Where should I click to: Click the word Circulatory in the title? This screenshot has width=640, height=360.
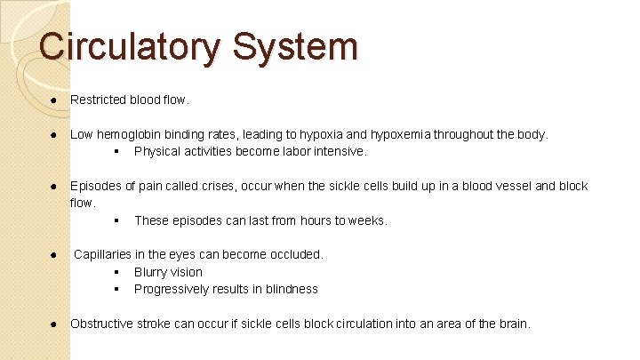[128, 46]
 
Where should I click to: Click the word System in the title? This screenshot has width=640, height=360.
[294, 46]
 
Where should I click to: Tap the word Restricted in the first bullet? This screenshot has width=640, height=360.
[97, 100]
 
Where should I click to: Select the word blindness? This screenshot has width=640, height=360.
[289, 289]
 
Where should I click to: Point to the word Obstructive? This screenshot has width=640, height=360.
[103, 324]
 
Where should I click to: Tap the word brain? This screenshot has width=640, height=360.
[512, 324]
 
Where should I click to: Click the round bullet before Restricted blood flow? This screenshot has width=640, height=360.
[54, 100]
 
